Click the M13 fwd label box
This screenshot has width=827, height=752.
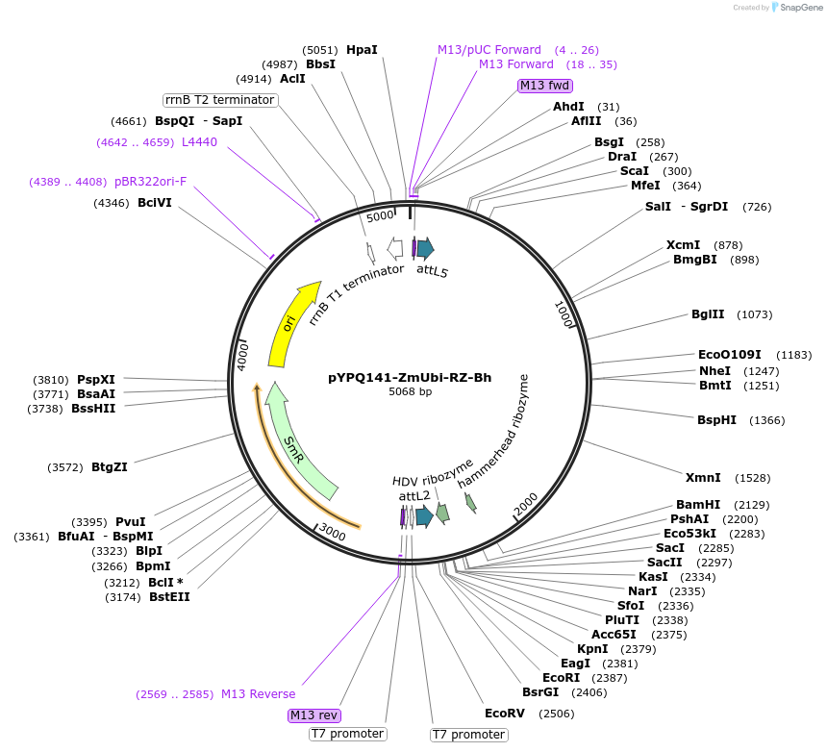point(544,86)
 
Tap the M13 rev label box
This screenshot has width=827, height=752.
point(314,715)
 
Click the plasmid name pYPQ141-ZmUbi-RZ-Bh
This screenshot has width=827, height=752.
point(410,378)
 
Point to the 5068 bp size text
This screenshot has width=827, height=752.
point(410,392)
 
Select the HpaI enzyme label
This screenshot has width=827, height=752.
point(362,50)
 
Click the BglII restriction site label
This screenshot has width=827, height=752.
point(708,314)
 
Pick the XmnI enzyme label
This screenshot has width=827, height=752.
point(703,478)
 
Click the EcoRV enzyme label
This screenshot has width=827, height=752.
point(505,714)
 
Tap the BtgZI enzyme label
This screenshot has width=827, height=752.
point(110,467)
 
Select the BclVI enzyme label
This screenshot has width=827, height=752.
point(155,203)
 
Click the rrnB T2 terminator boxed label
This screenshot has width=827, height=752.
point(220,100)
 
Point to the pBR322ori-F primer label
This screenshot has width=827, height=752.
point(151,182)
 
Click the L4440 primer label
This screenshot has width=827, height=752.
point(199,142)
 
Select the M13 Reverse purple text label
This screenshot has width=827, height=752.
point(258,694)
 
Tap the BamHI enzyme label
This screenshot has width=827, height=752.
point(698,505)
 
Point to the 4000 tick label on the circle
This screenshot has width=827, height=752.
point(243,355)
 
